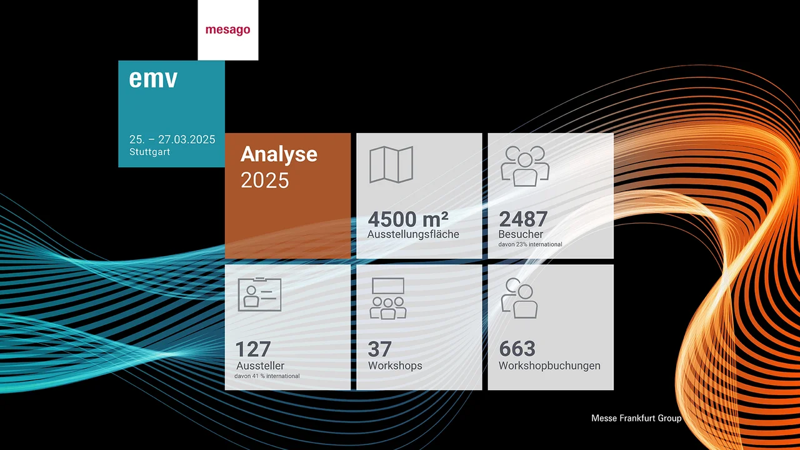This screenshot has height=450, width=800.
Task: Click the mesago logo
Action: (x=227, y=30)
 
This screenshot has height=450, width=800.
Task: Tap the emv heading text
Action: (x=153, y=79)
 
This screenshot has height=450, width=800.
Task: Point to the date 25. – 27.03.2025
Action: (x=172, y=139)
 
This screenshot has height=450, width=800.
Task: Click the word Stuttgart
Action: (x=150, y=152)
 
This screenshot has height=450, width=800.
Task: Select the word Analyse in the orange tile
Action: (x=279, y=154)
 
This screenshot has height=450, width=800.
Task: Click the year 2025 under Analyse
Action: (x=265, y=181)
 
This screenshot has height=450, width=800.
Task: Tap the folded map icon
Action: (x=391, y=164)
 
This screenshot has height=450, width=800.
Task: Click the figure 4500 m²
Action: (x=408, y=219)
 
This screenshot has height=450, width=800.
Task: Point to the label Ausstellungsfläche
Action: (x=413, y=234)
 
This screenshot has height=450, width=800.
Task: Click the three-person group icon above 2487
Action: (x=525, y=166)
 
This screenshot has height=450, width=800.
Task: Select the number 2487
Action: (x=523, y=219)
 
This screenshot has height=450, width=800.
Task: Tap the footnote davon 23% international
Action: (x=530, y=244)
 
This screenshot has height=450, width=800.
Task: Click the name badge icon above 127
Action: (x=259, y=294)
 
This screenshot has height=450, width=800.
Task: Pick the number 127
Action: (x=252, y=349)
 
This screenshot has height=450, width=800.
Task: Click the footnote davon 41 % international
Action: (x=267, y=376)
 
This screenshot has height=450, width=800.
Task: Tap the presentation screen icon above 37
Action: (x=388, y=299)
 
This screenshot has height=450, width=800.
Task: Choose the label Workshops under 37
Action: (x=395, y=366)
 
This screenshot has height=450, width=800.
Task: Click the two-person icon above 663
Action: (x=519, y=297)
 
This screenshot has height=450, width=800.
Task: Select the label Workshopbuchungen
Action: (x=549, y=366)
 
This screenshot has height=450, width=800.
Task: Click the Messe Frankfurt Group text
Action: (x=636, y=418)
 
